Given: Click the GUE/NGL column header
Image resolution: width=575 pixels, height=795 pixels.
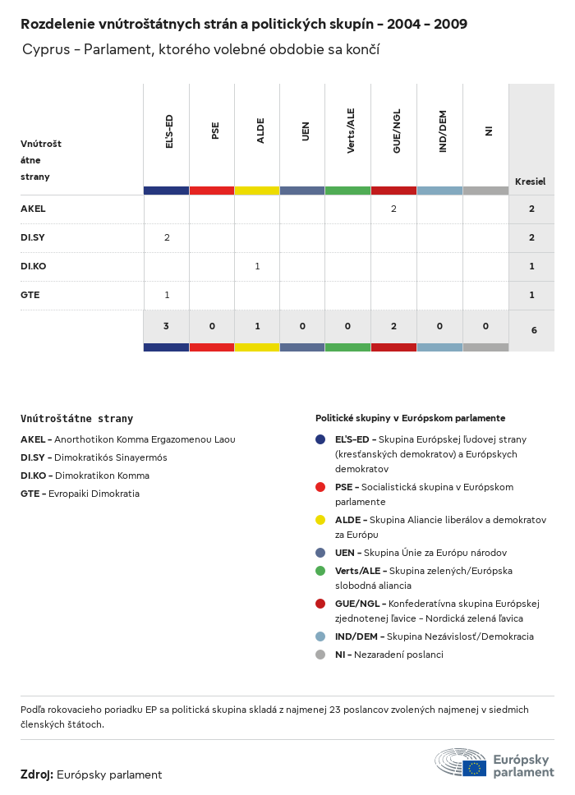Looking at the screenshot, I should pos(397,132).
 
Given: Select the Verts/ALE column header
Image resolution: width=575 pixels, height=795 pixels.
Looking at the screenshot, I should pos(351,132).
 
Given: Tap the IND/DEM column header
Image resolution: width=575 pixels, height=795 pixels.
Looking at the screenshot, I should pos(443,132).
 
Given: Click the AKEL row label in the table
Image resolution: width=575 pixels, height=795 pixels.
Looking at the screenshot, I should pos(33,209).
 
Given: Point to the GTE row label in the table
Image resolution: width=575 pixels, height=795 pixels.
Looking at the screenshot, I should pos(30,295).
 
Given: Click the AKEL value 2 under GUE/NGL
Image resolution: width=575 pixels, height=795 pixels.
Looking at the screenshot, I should pos(393,209).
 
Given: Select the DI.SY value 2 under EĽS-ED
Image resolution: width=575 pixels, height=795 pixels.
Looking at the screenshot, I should pos(167,237).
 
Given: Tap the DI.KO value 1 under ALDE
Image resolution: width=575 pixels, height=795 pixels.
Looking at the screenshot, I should pos(257,266).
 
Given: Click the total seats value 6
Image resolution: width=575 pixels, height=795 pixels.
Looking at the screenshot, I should pos(534,330).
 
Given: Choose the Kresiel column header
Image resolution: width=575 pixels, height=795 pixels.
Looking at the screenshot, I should pos(530,182).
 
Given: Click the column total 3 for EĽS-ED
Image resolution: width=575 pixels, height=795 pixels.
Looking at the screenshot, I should pos(166,326).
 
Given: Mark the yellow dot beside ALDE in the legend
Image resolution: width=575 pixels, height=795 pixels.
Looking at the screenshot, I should pos(320,520).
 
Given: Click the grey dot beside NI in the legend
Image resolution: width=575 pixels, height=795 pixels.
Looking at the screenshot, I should pos(320,655).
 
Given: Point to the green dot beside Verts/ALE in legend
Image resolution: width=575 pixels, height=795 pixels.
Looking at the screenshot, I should pos(320,571).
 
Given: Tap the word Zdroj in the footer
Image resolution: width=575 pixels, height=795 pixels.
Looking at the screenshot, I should pos(37,774).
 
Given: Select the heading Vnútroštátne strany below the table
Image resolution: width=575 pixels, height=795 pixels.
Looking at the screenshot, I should pos(76,419).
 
